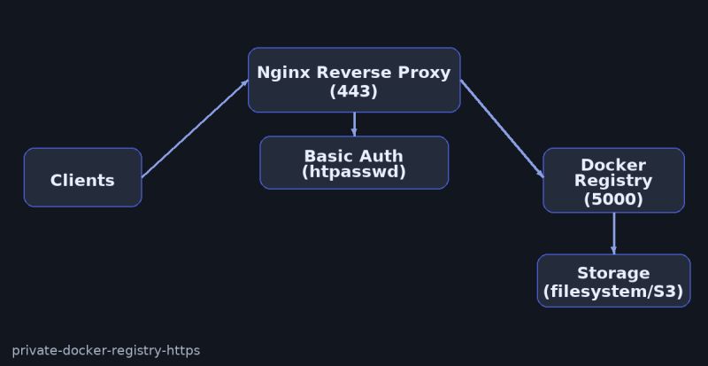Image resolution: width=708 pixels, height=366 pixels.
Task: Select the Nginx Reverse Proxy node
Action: point(354,81)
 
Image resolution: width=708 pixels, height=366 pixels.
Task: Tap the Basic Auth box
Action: point(354,163)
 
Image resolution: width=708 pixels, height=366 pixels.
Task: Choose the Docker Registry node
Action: point(613,181)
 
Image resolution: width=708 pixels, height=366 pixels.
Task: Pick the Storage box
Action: point(613,281)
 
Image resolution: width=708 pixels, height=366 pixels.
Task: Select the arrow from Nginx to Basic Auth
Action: point(354,124)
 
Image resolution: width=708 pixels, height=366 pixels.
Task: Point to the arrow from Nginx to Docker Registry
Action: point(502,129)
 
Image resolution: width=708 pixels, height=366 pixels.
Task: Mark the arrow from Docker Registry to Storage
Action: point(613,233)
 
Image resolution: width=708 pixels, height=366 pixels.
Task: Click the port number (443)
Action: point(354,91)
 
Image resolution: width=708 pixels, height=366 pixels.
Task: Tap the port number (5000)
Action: point(613,199)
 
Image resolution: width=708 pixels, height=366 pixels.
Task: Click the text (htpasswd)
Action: point(354,172)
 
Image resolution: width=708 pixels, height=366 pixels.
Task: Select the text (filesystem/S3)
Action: point(613,291)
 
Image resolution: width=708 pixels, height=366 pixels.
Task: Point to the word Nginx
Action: point(284,73)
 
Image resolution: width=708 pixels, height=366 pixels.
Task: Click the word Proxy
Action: point(424,73)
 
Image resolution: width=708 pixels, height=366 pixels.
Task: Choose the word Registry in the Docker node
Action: point(613,181)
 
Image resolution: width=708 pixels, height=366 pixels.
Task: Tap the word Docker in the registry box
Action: point(613,165)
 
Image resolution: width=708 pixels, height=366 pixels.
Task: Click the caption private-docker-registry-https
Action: point(106,350)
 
